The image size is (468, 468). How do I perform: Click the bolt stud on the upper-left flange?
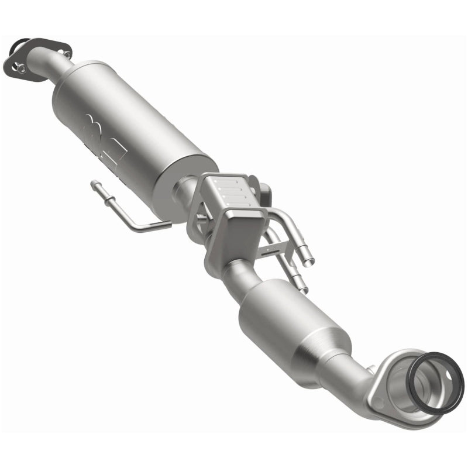pyautogui.click(x=20, y=68)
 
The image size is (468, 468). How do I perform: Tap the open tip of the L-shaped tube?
pyautogui.click(x=94, y=185)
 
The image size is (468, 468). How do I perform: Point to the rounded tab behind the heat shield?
pyautogui.click(x=266, y=191)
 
